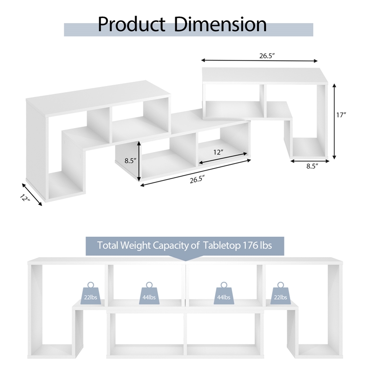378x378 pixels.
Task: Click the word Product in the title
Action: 131,25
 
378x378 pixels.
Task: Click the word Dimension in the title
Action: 220,24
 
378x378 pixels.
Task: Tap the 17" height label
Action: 341,115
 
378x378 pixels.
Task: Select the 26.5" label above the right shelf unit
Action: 267,56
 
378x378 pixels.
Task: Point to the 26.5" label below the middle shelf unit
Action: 197,180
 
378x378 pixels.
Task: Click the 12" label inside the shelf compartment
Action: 218,152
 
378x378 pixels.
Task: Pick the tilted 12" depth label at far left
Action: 25,198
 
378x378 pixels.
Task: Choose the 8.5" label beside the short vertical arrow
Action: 131,161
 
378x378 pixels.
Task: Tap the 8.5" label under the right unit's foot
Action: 312,166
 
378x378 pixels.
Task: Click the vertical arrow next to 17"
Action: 334,121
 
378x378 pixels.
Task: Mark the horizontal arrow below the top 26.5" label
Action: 259,60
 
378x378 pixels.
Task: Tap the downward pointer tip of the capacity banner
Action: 185,261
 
